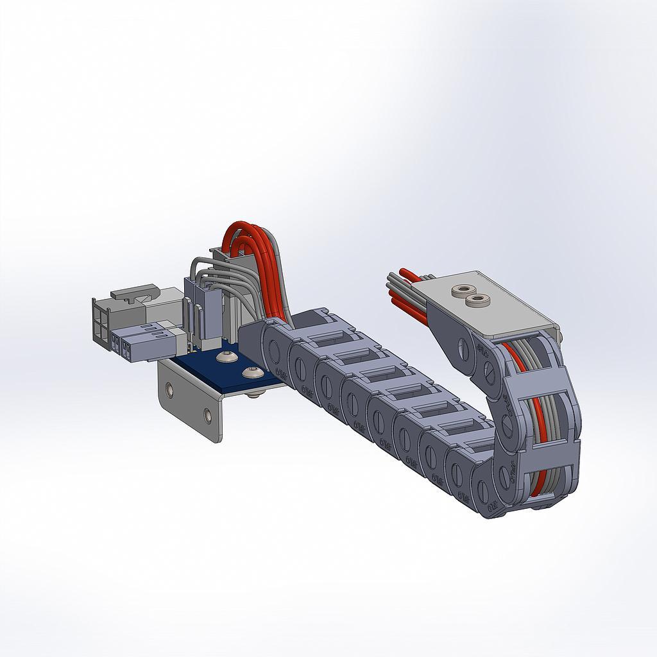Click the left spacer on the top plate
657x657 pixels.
click(461, 291)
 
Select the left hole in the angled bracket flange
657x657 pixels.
click(169, 389)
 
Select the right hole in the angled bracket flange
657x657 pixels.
click(207, 416)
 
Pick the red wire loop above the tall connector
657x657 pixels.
click(241, 230)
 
